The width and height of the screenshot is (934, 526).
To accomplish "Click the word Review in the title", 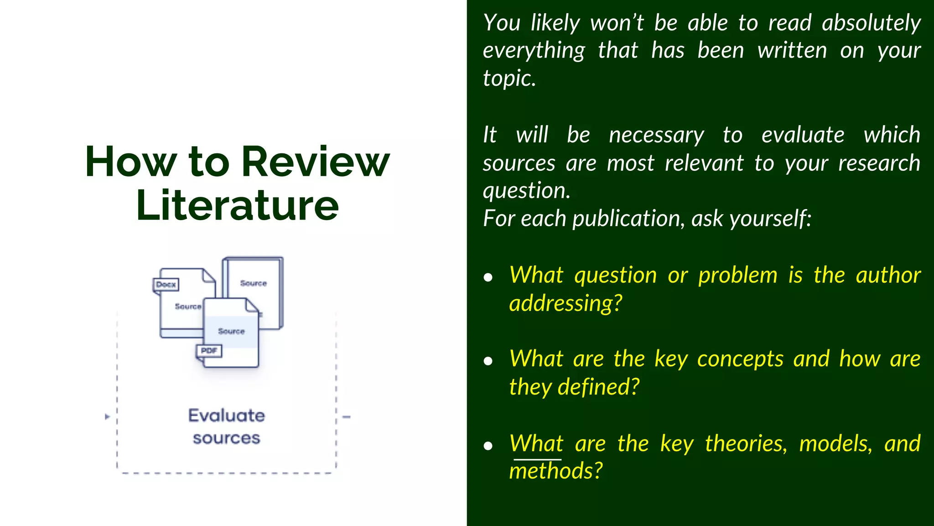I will click(x=315, y=162).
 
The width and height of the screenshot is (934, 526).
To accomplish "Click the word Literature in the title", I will click(x=237, y=206).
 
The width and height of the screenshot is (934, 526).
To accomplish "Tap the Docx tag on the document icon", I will click(x=166, y=284).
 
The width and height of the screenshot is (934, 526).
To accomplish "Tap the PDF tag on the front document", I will click(x=209, y=351).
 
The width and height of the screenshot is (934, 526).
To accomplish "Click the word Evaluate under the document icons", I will click(x=227, y=416).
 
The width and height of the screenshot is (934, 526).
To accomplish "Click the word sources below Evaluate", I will click(x=227, y=438).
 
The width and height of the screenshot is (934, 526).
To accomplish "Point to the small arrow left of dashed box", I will click(x=107, y=417).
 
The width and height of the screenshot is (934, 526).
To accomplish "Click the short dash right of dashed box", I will click(x=347, y=417).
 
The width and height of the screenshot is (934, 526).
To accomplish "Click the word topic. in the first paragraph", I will click(x=509, y=79).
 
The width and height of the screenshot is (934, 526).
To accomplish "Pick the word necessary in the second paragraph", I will click(x=656, y=136).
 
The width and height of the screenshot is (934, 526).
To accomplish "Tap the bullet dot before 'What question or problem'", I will click(x=488, y=277).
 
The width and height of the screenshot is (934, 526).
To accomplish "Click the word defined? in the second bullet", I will click(x=599, y=387).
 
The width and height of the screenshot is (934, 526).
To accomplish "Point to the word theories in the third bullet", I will click(x=746, y=444).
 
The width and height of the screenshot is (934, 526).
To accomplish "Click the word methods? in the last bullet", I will click(x=556, y=471).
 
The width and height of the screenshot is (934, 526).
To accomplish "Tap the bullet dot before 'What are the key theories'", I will click(x=488, y=446).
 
